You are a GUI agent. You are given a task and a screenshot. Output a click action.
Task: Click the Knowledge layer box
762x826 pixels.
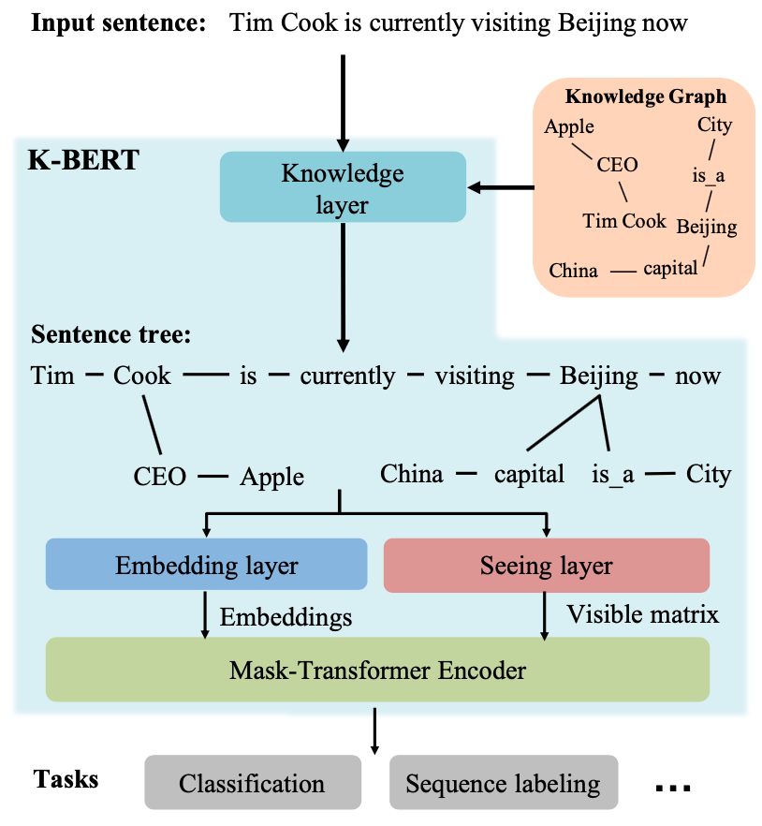pyautogui.click(x=343, y=186)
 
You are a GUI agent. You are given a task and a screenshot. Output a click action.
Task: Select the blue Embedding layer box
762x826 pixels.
pyautogui.click(x=206, y=565)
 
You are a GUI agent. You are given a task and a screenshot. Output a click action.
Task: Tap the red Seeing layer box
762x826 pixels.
pyautogui.click(x=546, y=565)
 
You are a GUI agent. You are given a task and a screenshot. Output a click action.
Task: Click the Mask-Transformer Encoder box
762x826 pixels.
pyautogui.click(x=377, y=670)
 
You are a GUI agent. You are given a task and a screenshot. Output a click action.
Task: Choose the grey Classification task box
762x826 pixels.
pyautogui.click(x=252, y=783)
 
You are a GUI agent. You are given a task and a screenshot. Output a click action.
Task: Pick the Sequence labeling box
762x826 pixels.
pyautogui.click(x=503, y=783)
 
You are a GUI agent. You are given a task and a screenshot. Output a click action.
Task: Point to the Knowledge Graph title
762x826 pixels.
pyautogui.click(x=646, y=96)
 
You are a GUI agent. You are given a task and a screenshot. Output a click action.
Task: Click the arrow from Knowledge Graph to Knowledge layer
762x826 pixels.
pyautogui.click(x=500, y=188)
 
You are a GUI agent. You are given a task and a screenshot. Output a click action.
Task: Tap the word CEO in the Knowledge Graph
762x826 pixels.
pyautogui.click(x=617, y=165)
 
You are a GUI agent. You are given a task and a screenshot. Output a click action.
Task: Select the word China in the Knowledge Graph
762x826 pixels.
pyautogui.click(x=573, y=271)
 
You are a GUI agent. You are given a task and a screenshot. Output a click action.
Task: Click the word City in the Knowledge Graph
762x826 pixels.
pyautogui.click(x=714, y=125)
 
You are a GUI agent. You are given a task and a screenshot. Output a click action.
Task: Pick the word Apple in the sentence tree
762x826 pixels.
pyautogui.click(x=271, y=476)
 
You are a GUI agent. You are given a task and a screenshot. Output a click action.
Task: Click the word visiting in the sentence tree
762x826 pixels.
pyautogui.click(x=475, y=376)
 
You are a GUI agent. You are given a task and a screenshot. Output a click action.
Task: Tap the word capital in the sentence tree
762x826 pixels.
pyautogui.click(x=529, y=474)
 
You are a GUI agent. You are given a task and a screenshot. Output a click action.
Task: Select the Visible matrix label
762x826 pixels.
pyautogui.click(x=642, y=614)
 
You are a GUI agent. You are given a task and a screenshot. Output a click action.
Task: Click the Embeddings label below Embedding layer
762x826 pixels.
pyautogui.click(x=286, y=616)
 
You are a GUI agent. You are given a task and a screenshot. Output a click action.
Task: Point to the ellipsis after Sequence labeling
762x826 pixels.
pyautogui.click(x=672, y=788)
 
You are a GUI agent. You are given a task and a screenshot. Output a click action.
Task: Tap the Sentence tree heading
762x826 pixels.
pyautogui.click(x=110, y=334)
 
